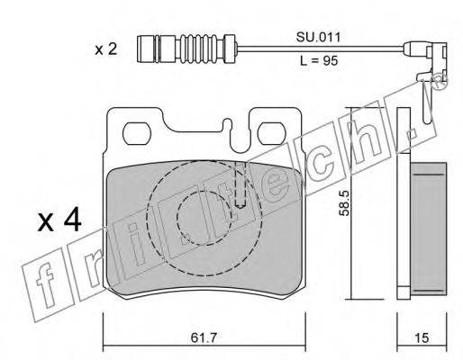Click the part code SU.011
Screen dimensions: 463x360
(x=319, y=38)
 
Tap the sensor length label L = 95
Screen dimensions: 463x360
(x=319, y=61)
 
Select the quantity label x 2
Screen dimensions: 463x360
(x=106, y=49)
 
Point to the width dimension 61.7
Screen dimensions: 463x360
(x=204, y=338)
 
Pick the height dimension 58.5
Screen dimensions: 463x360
(x=344, y=203)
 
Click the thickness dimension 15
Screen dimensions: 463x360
(x=422, y=338)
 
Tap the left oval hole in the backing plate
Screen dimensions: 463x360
(x=137, y=133)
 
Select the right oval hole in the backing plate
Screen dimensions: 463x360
(x=272, y=133)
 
